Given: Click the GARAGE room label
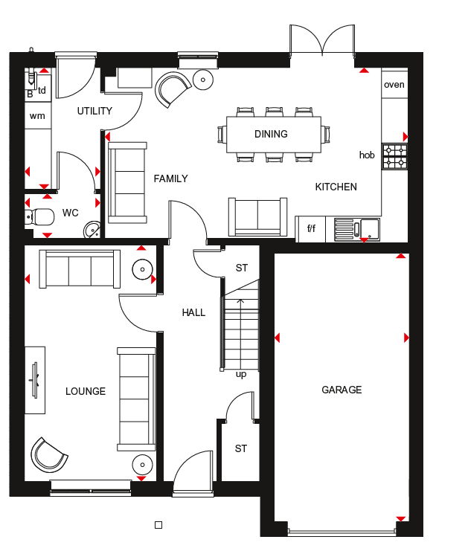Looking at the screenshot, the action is (x=342, y=390).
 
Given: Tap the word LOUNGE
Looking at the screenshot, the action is (x=86, y=391).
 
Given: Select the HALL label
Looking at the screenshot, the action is (x=193, y=312).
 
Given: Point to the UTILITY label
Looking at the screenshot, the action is (x=94, y=111).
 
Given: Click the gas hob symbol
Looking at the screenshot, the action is (x=395, y=156).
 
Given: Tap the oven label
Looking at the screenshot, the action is (x=394, y=85).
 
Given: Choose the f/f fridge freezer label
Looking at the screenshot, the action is (x=312, y=228).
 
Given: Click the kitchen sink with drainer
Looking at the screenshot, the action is (x=357, y=230).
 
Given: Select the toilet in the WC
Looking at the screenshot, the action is (x=39, y=217).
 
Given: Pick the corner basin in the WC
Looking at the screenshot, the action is (x=92, y=230).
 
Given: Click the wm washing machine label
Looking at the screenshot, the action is (x=37, y=116).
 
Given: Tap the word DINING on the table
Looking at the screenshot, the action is (x=271, y=134).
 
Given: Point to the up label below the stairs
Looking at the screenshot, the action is (x=241, y=375).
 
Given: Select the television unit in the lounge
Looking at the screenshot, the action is (x=35, y=380).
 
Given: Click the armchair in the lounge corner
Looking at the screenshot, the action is (x=49, y=455).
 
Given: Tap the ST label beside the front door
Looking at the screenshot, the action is (x=241, y=448).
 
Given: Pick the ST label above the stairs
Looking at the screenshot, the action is (x=242, y=268).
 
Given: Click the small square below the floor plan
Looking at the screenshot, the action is (x=158, y=525).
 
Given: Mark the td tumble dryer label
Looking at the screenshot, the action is (x=42, y=91).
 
